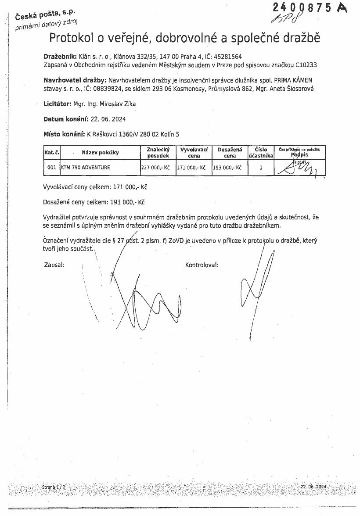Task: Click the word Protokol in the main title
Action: point(71,38)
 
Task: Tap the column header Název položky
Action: point(100,153)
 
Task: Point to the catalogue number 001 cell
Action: point(51,168)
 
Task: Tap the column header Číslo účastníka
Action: point(261,153)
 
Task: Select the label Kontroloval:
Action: point(202,265)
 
